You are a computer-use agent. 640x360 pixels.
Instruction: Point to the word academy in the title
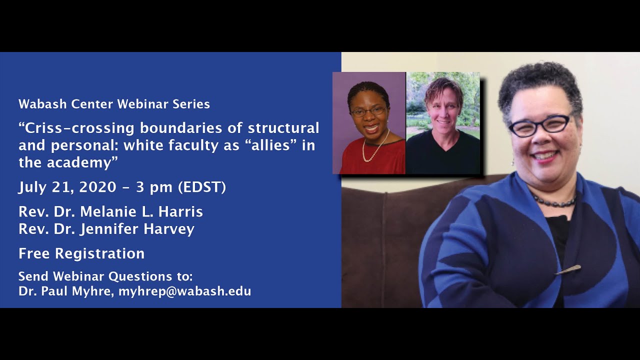tap(80, 162)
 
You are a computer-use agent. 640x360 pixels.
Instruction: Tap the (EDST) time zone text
tap(202, 187)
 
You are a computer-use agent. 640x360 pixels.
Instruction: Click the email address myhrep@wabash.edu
tap(184, 291)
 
